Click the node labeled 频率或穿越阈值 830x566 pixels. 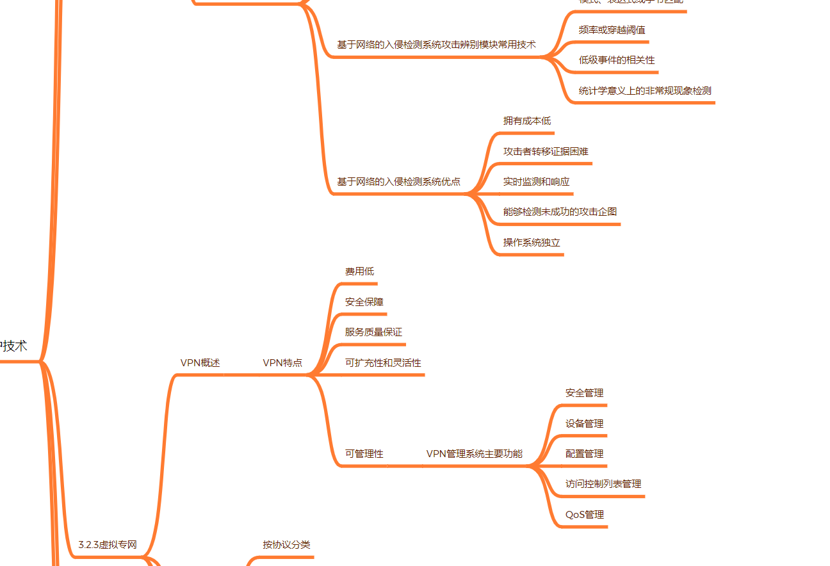(x=612, y=30)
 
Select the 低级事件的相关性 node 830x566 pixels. (x=617, y=60)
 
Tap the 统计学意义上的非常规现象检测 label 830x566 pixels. (x=645, y=91)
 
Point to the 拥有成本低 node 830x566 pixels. (x=526, y=121)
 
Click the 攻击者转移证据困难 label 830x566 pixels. (x=546, y=152)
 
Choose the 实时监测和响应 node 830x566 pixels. (x=536, y=182)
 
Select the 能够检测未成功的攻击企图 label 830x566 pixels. (x=560, y=212)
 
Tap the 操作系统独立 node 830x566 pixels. (x=532, y=243)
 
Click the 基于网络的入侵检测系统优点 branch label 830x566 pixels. (x=398, y=182)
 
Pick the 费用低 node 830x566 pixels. (x=359, y=272)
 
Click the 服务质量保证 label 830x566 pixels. (x=373, y=332)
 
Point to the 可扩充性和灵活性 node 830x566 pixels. (x=383, y=363)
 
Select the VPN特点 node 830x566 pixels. (x=282, y=363)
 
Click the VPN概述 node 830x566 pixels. (x=200, y=363)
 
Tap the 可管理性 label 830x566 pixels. (x=364, y=454)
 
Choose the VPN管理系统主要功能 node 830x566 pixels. (x=474, y=454)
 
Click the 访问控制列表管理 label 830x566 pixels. (x=603, y=484)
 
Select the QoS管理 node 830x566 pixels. (x=584, y=515)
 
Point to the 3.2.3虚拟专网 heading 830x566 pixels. (x=108, y=546)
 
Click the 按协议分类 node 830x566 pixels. (x=286, y=545)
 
